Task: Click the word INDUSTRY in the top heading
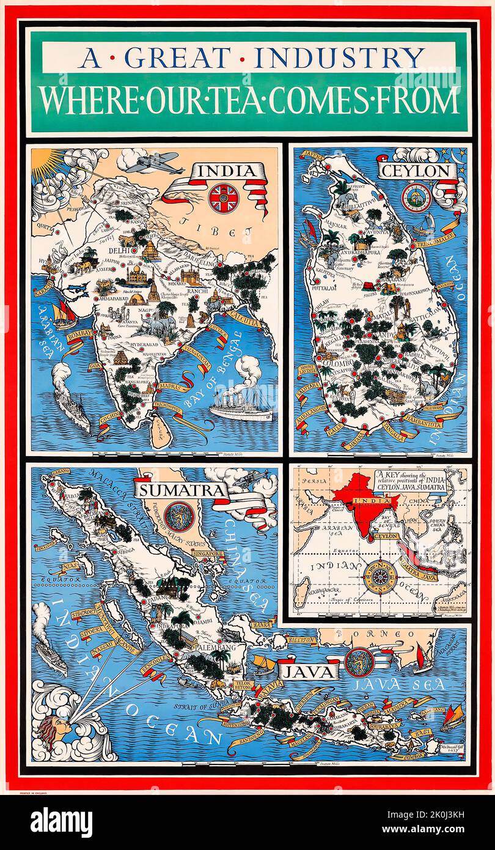339,57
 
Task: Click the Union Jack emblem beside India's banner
223,197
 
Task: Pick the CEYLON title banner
416,171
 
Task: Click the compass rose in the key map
380,575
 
